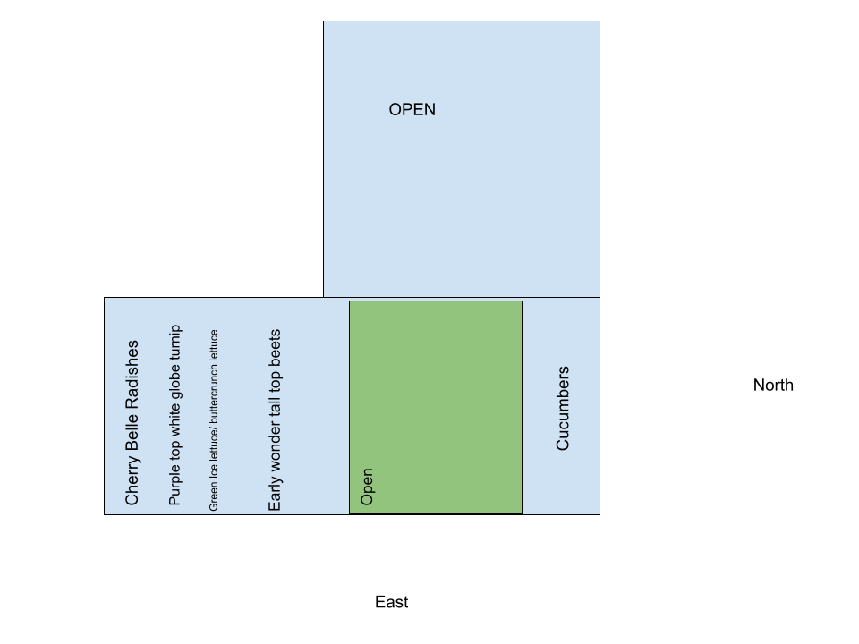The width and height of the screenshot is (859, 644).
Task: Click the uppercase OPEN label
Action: coord(412,110)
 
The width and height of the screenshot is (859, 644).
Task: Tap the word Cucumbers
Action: coord(563,408)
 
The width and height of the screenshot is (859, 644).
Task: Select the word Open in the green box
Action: coord(367,487)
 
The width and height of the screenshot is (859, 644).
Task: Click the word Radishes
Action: coord(132,374)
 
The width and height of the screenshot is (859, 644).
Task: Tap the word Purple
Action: coord(174,485)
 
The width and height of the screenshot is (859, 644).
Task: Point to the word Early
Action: coord(275,492)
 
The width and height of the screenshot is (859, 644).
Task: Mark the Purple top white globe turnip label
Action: coord(174,415)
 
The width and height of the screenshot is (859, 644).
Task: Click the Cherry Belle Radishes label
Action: coord(132,422)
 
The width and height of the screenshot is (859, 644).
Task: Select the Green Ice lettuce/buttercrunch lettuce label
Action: coord(214,420)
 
